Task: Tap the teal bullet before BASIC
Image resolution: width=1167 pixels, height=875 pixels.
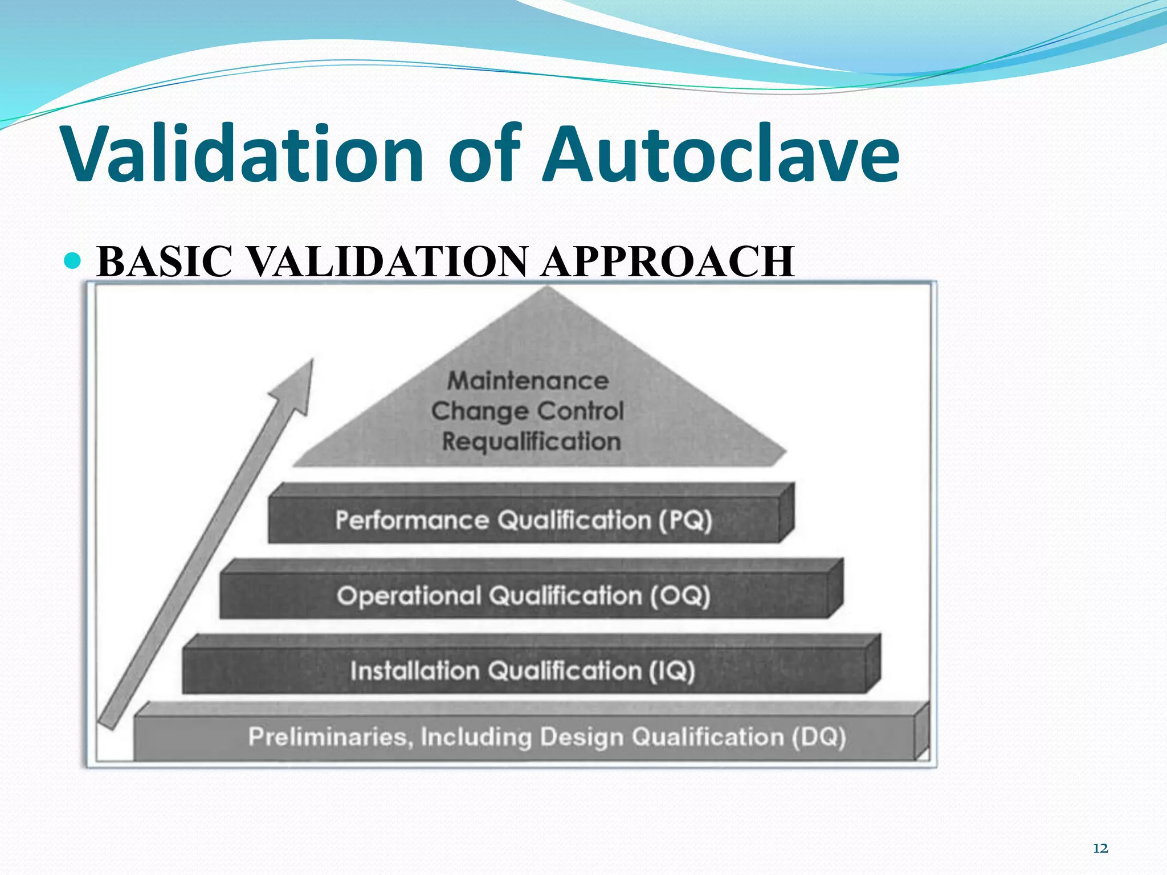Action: (x=74, y=261)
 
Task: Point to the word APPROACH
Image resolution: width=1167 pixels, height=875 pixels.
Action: (x=667, y=262)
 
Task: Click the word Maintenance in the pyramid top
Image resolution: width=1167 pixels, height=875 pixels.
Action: (x=528, y=381)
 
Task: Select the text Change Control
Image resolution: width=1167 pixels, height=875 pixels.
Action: (x=528, y=411)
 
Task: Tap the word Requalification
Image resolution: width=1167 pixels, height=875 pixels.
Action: (x=531, y=442)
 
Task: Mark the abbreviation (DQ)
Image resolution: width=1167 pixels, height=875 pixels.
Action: (x=818, y=737)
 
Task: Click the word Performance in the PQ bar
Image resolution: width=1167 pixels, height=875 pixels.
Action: (x=412, y=521)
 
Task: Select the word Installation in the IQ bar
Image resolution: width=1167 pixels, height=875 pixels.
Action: (x=414, y=671)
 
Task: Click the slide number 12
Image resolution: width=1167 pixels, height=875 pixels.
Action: (x=1100, y=849)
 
